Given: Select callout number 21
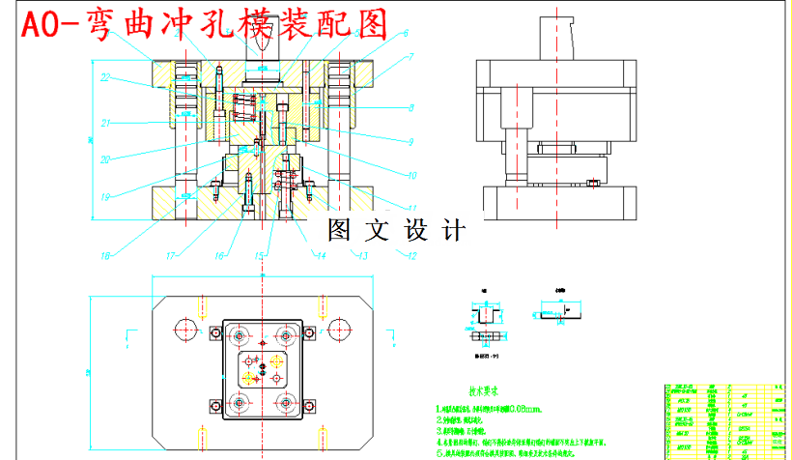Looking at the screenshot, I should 106,123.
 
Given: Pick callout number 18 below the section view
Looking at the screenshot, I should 105,256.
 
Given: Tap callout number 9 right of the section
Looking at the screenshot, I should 410,142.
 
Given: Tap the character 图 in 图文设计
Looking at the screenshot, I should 339,230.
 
